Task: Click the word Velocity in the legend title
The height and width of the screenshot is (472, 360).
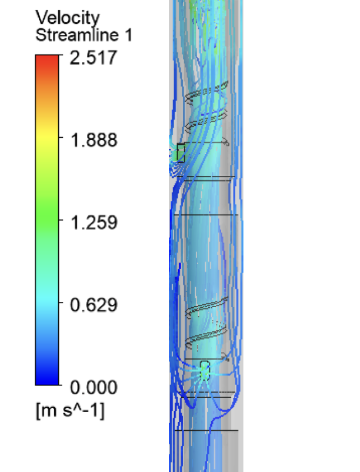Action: coord(68,18)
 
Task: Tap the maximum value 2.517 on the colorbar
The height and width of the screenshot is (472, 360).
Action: coord(93,58)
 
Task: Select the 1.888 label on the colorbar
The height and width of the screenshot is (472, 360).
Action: coord(94,140)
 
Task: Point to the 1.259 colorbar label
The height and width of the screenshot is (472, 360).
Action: coord(94,222)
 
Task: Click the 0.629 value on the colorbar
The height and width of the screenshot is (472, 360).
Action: coord(94,305)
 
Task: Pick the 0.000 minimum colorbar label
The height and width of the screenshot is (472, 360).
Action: coord(94,387)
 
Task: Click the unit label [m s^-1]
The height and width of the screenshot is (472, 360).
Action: coord(70,410)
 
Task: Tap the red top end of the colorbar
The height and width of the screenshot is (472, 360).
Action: coord(47,60)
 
